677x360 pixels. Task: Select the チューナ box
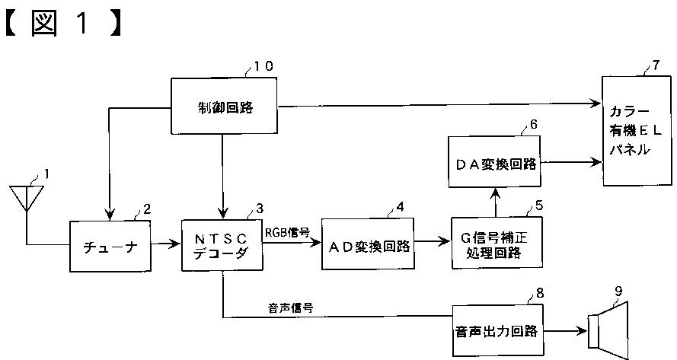click(x=110, y=246)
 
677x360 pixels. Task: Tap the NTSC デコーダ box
click(x=222, y=245)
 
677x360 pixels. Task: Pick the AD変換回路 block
click(x=368, y=244)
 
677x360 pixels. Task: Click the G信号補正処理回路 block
click(x=497, y=243)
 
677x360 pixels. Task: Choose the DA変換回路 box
click(x=494, y=162)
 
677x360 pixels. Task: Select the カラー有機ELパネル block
click(x=637, y=131)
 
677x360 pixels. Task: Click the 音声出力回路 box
click(x=497, y=330)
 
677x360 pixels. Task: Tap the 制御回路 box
click(x=225, y=107)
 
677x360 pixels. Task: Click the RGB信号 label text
click(x=288, y=233)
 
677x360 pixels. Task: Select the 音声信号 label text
click(x=290, y=308)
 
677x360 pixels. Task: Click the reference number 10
click(x=263, y=66)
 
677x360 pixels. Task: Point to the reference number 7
click(x=656, y=65)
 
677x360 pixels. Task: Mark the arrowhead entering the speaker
click(x=582, y=331)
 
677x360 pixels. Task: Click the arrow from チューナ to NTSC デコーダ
click(x=166, y=244)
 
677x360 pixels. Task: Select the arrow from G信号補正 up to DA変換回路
click(x=495, y=202)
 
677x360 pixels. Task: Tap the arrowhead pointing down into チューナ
click(x=110, y=214)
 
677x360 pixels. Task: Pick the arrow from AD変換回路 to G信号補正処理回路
click(x=433, y=242)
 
